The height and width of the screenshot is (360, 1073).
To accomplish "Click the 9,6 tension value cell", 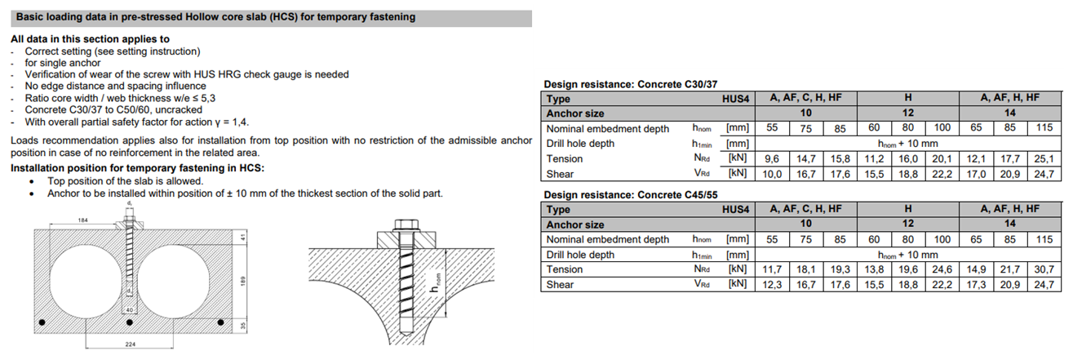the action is [x=772, y=158].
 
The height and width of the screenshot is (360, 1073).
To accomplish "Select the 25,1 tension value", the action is [x=1044, y=158].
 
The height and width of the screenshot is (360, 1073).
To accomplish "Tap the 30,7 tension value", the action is [x=1044, y=269].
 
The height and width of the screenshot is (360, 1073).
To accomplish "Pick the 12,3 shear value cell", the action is [x=772, y=285].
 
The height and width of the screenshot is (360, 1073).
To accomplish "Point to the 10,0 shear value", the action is [x=772, y=174].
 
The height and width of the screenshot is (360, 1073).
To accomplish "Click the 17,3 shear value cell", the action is [x=976, y=285].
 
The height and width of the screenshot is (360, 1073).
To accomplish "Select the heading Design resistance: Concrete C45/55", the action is [x=631, y=195].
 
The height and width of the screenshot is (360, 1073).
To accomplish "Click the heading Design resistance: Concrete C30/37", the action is [x=631, y=84].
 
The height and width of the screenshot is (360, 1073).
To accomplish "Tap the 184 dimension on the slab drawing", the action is [x=83, y=220].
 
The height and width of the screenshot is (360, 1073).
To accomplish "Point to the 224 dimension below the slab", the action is [x=131, y=344].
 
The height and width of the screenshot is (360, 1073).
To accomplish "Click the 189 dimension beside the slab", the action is [x=243, y=282].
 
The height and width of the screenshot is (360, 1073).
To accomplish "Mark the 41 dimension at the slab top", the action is [x=243, y=237].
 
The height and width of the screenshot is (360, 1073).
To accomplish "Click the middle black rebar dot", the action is [x=130, y=322].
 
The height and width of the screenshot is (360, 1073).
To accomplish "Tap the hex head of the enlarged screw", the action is [x=406, y=224].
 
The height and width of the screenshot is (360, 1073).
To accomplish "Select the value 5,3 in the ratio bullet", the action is [x=207, y=98].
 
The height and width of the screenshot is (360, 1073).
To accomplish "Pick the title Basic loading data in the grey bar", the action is [x=215, y=17].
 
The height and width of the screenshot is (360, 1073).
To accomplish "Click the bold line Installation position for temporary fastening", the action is [x=137, y=168].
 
